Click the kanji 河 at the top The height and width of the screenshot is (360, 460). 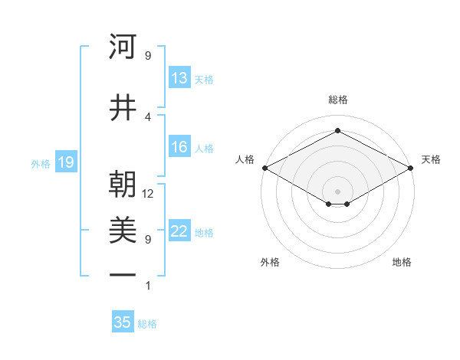(123, 47)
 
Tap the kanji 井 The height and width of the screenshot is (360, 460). (123, 108)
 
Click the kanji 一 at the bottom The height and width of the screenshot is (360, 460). (123, 274)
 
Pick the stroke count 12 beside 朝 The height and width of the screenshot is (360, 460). (148, 195)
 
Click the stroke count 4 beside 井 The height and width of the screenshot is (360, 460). (148, 117)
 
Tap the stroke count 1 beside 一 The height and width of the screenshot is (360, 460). (148, 286)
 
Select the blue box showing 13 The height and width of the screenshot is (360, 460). (179, 78)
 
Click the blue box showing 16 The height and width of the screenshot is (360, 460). (179, 148)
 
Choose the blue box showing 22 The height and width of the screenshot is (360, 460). (179, 232)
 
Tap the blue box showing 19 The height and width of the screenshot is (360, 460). (65, 162)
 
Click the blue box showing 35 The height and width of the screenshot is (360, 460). (123, 322)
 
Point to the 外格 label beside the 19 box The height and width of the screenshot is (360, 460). (41, 163)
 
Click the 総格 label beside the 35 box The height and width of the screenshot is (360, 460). (148, 324)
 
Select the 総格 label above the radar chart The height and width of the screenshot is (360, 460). (337, 100)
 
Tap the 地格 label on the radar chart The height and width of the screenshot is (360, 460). (402, 262)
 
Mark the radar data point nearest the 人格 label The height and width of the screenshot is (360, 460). (264, 168)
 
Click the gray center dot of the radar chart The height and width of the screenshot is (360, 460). (337, 190)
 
